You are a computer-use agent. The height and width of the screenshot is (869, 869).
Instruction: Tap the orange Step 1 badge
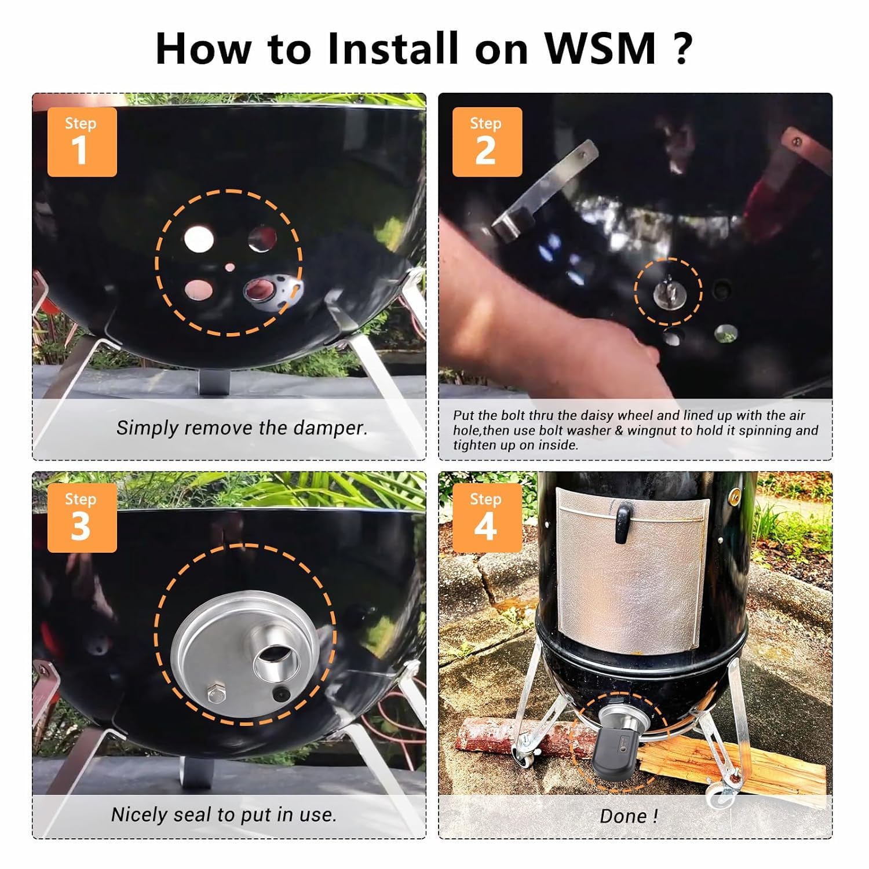tap(82, 142)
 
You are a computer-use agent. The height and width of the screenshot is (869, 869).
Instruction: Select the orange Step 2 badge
tap(487, 142)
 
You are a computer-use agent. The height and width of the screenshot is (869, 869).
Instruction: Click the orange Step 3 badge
tap(82, 517)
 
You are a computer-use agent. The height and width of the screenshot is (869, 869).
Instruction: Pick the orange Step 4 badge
tap(487, 517)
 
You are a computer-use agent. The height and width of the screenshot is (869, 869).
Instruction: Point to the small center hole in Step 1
tap(230, 267)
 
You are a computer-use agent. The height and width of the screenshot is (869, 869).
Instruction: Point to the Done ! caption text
tap(629, 816)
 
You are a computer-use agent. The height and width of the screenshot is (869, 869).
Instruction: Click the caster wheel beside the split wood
tap(721, 797)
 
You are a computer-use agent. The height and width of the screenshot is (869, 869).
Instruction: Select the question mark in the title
tap(684, 48)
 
